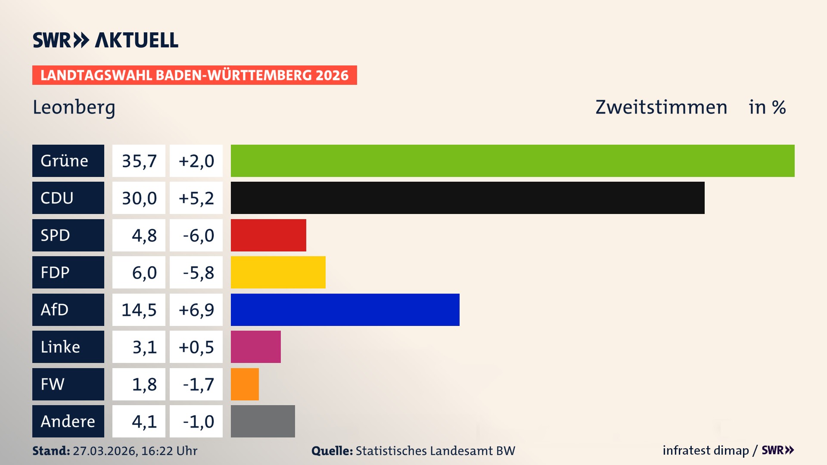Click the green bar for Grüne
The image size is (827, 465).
tap(513, 161)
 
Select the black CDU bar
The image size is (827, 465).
tap(467, 198)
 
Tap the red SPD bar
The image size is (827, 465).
tap(268, 235)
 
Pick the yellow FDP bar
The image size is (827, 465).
tap(278, 272)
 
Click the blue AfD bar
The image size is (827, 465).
tap(345, 310)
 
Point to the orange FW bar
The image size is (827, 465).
tap(245, 384)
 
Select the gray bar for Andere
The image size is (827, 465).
tap(263, 421)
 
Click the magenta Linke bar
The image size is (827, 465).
tap(255, 347)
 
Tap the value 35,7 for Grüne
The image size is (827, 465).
tap(139, 161)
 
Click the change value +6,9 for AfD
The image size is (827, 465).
tap(196, 310)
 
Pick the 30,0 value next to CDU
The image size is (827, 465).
tap(139, 198)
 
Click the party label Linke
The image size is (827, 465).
tap(60, 347)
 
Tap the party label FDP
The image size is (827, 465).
tap(55, 273)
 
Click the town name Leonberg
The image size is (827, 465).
tap(74, 108)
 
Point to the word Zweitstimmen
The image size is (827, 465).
tap(661, 107)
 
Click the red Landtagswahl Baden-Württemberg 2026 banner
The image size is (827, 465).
tap(194, 75)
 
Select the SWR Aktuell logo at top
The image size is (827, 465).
tap(106, 40)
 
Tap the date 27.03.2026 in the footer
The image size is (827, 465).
tap(105, 451)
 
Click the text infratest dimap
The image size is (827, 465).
tap(706, 450)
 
